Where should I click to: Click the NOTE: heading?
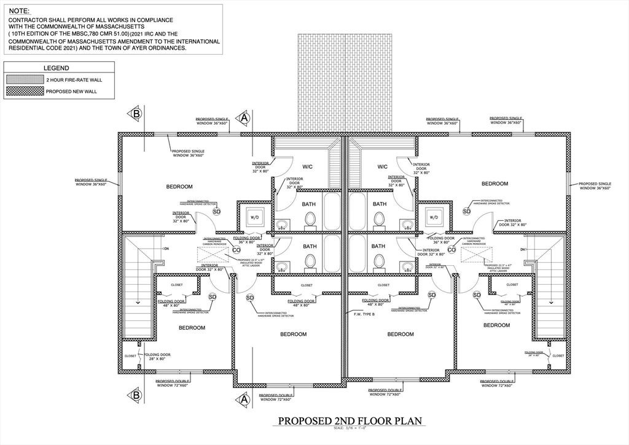coord(19,10)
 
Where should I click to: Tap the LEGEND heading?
coord(56,68)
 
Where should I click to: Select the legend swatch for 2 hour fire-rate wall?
coord(24,80)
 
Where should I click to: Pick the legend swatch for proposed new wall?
coord(24,91)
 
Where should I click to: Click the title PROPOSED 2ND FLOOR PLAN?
coord(351,421)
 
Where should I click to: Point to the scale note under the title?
coord(351,429)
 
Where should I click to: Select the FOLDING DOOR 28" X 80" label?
coord(157,357)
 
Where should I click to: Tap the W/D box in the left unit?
coord(255,217)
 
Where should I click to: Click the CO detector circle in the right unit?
coord(451,249)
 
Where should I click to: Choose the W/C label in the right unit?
coord(382,166)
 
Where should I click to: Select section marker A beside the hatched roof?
coord(244,117)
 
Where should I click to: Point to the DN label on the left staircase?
coord(166,249)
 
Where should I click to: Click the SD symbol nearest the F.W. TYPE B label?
coord(432,295)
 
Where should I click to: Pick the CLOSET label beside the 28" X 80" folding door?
coord(130,355)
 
